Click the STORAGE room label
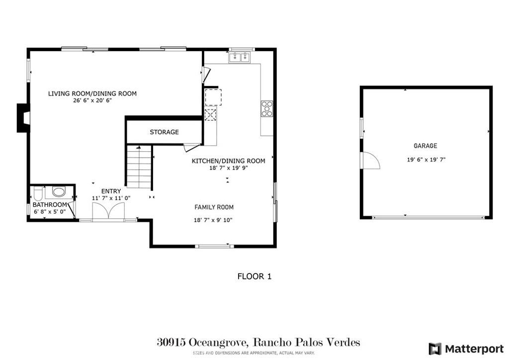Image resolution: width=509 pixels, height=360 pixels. click(164, 132)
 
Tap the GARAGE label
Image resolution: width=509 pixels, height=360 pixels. click(425, 146)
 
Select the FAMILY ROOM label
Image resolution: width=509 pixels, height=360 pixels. click(214, 207)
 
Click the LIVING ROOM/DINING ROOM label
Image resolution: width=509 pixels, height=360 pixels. click(92, 93)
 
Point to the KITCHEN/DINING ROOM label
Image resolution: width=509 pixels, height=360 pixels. click(228, 161)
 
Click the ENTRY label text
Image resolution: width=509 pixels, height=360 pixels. click(111, 191)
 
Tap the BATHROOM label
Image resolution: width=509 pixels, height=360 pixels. click(50, 205)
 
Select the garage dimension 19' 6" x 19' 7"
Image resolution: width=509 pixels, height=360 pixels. click(425, 160)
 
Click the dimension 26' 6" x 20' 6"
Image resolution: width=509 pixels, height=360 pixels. click(92, 100)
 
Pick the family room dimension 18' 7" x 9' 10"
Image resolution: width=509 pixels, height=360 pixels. click(214, 220)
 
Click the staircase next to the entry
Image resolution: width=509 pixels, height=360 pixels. click(139, 167)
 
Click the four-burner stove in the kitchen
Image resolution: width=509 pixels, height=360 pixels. click(267, 108)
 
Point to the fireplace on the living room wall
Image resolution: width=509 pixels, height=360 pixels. click(23, 118)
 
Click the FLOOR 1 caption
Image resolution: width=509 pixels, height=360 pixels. click(254, 276)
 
